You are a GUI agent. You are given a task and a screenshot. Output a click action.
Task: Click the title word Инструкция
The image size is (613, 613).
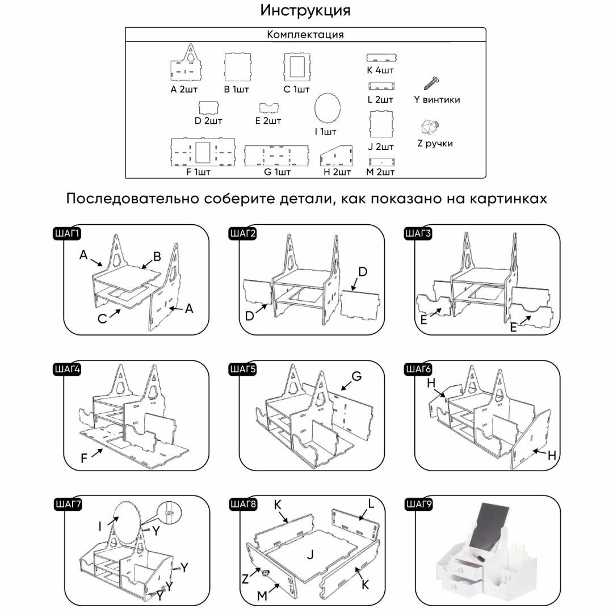coord(305,11)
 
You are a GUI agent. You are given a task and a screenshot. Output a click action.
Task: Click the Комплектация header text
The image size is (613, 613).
coord(305,35)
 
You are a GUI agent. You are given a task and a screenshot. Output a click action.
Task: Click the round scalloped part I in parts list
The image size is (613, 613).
coord(326,108)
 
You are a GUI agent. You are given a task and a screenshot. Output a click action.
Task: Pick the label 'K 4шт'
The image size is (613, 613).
coord(380,70)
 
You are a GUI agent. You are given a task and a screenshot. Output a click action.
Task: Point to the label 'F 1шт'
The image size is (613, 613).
coord(198,172)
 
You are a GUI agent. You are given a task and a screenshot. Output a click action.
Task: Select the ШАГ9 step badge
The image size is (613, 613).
coord(419,503)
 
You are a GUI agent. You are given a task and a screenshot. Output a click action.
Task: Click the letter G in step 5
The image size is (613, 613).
coord(356,376)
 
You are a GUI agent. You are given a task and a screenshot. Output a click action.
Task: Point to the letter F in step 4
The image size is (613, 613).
coord(84,457)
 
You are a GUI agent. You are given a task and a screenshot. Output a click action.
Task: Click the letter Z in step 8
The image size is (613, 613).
coord(245,580)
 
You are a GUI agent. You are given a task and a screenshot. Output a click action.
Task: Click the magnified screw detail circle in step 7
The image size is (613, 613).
coord(169,511)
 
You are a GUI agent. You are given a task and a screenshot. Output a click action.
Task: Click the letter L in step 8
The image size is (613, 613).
coord(371,503)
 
